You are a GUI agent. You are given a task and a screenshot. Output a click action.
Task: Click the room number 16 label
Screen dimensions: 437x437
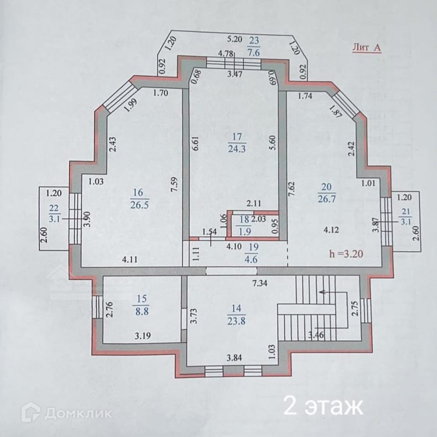coord(137,193)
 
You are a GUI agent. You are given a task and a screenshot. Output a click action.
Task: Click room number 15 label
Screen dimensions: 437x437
coord(139,299)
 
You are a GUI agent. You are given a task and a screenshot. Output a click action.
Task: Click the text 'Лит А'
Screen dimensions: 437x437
coord(366,48)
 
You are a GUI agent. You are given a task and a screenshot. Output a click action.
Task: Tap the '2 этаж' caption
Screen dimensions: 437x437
coord(323,407)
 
